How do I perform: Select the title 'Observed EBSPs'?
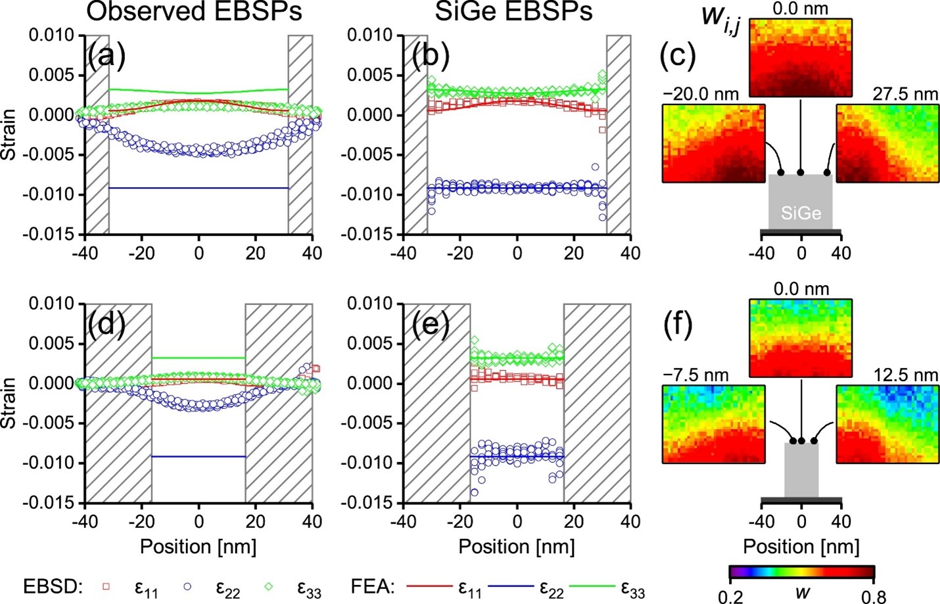[194, 12]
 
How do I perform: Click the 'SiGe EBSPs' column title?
[514, 12]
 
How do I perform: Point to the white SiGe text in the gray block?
[801, 213]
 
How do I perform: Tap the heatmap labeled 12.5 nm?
[887, 424]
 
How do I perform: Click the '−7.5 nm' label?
[695, 375]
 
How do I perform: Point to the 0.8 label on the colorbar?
[873, 595]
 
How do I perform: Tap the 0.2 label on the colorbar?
[730, 595]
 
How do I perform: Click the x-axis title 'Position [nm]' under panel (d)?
[198, 547]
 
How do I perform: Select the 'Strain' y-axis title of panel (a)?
[9, 135]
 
